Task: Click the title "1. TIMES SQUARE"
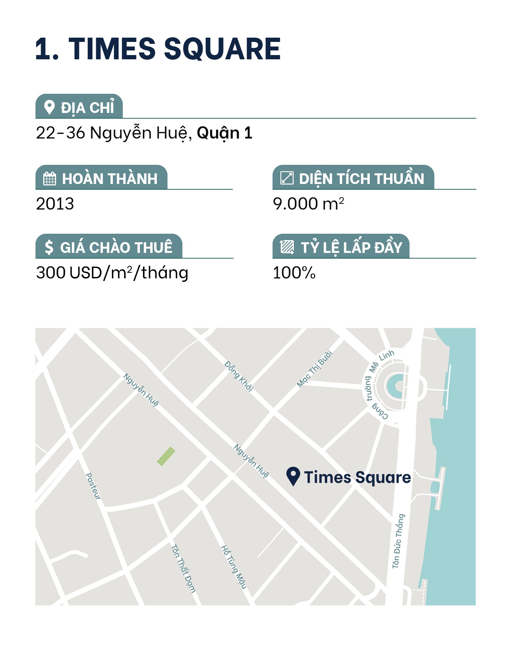(x=158, y=49)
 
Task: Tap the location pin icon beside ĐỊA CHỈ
(x=49, y=107)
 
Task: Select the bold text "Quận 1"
(x=224, y=133)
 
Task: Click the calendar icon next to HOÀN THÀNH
(x=49, y=178)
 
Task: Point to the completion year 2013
(x=55, y=204)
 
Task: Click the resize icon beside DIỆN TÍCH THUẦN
(x=287, y=178)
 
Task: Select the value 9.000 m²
(x=308, y=204)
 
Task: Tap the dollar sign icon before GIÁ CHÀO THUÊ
(x=49, y=247)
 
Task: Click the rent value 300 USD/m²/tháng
(x=112, y=273)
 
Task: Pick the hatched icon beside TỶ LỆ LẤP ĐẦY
(x=287, y=247)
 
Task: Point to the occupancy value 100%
(x=294, y=273)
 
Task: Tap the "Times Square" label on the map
(x=357, y=477)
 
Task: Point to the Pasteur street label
(x=93, y=486)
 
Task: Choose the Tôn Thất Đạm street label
(x=183, y=568)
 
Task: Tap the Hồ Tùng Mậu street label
(x=233, y=567)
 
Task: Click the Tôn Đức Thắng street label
(x=398, y=541)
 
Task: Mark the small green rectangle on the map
(x=166, y=456)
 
